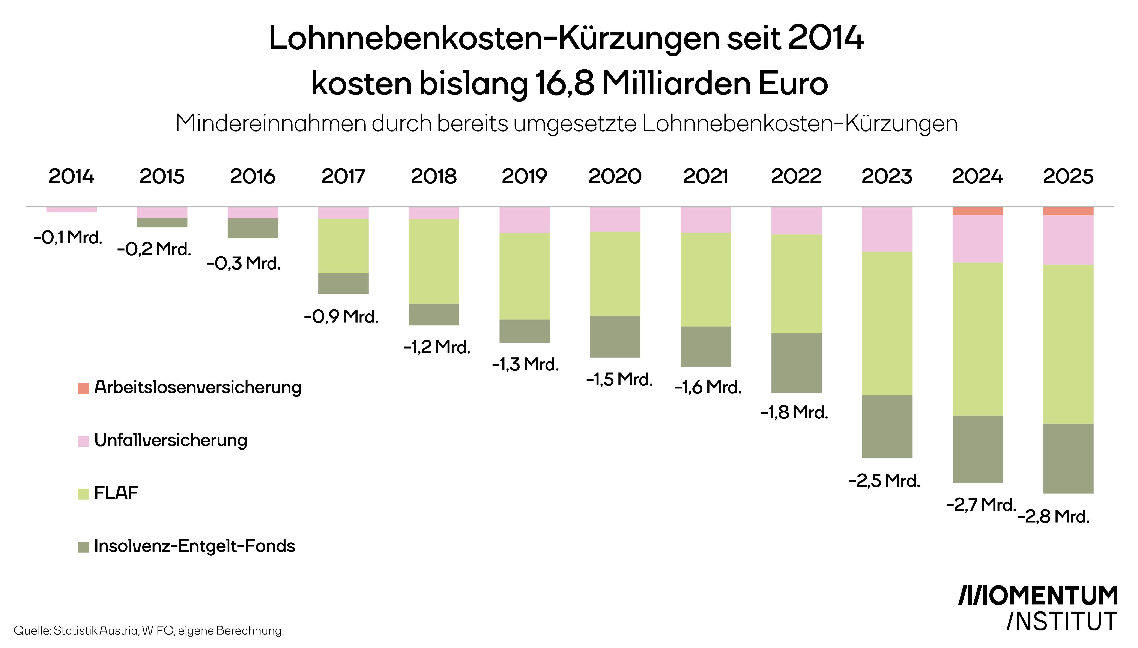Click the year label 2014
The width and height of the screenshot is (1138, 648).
point(71,176)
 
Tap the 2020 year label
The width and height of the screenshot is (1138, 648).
point(615,176)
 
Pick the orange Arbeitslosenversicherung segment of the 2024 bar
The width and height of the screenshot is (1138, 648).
point(977,211)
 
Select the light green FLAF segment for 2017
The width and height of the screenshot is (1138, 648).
point(343,246)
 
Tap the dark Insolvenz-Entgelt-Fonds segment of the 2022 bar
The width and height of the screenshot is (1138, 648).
point(796,363)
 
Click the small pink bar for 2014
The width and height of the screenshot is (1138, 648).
point(71,210)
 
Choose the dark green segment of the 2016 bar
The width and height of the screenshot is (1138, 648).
point(252,228)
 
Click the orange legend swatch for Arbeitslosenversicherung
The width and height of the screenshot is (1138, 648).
point(83,388)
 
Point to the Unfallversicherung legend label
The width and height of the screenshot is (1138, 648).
point(170,440)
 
